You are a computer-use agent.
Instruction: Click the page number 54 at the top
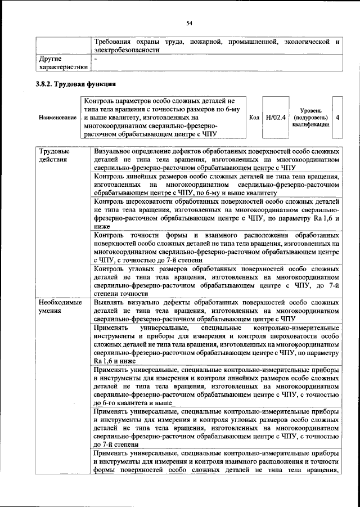pyautogui.click(x=190, y=23)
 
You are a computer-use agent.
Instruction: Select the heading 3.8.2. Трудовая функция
pyautogui.click(x=76, y=85)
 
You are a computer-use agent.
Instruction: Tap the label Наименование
pyautogui.click(x=57, y=117)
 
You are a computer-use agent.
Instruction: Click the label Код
pyautogui.click(x=254, y=117)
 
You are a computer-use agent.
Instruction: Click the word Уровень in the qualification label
pyautogui.click(x=310, y=111)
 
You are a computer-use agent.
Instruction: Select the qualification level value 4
pyautogui.click(x=336, y=117)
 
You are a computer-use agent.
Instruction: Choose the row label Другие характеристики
pyautogui.click(x=62, y=62)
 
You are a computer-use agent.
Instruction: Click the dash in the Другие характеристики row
pyautogui.click(x=96, y=59)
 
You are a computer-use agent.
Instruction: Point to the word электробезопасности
pyautogui.click(x=127, y=50)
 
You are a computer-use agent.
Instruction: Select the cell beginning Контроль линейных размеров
pyautogui.click(x=217, y=184)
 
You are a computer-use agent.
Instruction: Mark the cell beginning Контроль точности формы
pyautogui.click(x=217, y=248)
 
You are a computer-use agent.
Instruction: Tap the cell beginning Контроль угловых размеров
pyautogui.click(x=217, y=281)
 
